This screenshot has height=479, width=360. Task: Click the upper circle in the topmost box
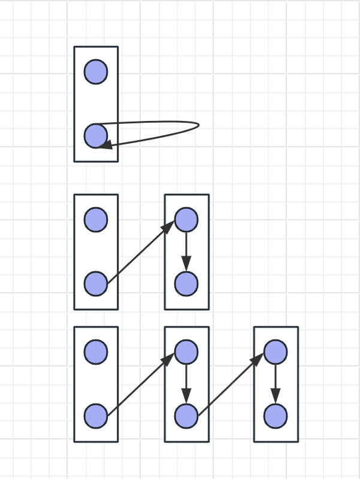pos(96,72)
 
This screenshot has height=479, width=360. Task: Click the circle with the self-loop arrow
pos(96,136)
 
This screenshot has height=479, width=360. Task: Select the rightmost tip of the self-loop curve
pos(198,125)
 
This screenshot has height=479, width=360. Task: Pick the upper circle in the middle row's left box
pos(96,220)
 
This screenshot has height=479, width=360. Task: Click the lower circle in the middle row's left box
pos(96,283)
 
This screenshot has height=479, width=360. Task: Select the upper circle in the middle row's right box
pos(186,220)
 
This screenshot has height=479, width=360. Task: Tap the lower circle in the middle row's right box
pos(186,283)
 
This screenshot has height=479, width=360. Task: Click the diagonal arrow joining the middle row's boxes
pos(141,251)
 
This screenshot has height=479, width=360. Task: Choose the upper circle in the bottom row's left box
pos(96,352)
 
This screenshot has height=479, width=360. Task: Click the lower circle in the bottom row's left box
pos(96,416)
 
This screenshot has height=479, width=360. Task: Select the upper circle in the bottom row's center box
pos(186,352)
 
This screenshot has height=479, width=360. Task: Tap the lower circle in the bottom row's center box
pos(186,416)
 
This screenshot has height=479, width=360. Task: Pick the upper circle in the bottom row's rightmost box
pos(276,352)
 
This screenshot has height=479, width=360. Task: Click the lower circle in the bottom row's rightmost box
pos(276,416)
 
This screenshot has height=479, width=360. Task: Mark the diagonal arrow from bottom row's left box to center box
pos(141,384)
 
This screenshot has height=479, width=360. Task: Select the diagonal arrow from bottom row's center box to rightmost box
pos(231,384)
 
